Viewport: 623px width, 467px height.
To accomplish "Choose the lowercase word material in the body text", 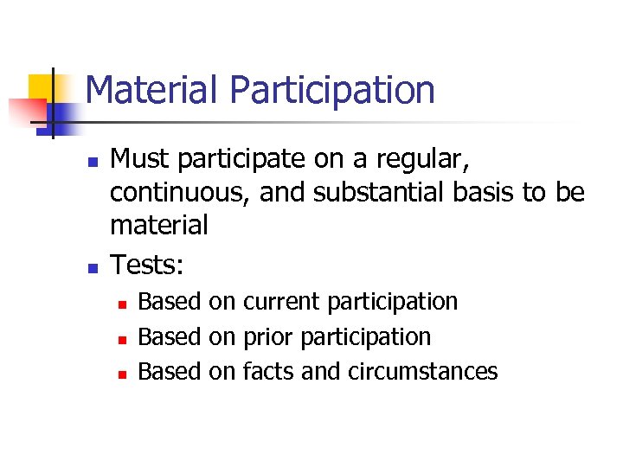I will click(x=159, y=225).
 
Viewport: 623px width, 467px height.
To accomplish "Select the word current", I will click(x=281, y=302).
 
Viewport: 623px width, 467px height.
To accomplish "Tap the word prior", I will click(x=268, y=336).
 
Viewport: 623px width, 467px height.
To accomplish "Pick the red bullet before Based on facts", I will click(x=122, y=374).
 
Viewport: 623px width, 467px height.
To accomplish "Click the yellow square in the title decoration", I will click(x=42, y=87).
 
